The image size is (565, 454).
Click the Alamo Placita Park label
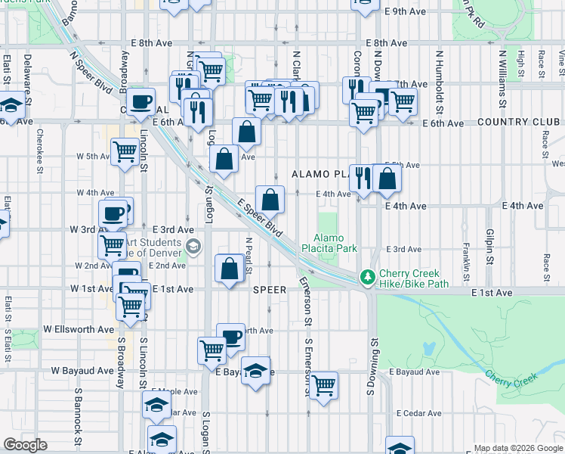click(x=335, y=242)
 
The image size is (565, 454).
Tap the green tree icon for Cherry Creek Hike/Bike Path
click(x=368, y=278)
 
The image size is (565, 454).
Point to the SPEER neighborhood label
click(x=270, y=290)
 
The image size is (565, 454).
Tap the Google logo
click(x=25, y=445)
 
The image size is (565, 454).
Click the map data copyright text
click(x=517, y=448)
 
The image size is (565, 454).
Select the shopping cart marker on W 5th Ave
click(x=125, y=151)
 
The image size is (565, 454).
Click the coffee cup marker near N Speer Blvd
click(x=140, y=101)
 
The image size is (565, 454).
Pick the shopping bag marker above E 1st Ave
click(x=230, y=268)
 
